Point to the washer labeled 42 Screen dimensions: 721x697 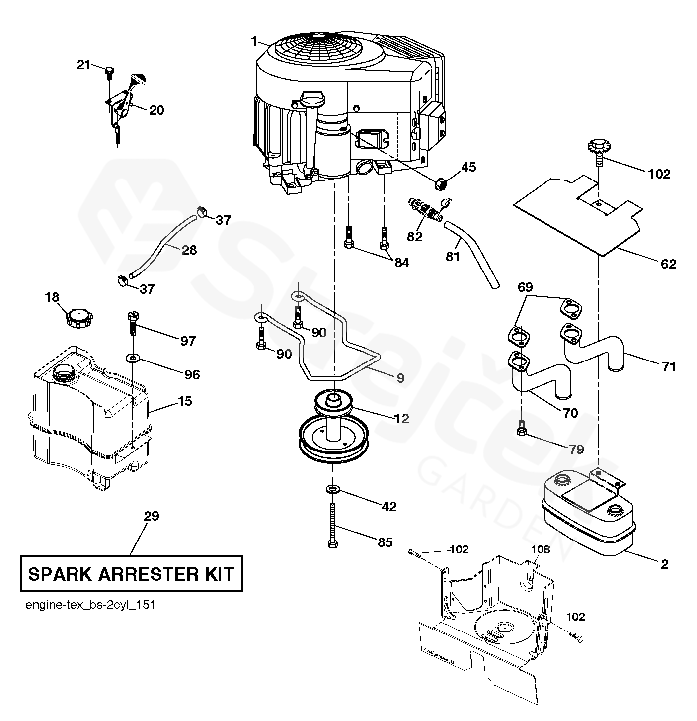[x=332, y=490]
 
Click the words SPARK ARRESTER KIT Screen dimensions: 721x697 [x=131, y=574]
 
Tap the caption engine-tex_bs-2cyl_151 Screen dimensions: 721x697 [x=90, y=605]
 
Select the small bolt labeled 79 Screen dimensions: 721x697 [x=521, y=427]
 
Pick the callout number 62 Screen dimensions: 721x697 [x=669, y=264]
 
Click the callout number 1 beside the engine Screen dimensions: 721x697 [x=254, y=42]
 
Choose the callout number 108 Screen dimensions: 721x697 [x=541, y=549]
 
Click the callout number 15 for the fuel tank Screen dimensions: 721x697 [x=184, y=401]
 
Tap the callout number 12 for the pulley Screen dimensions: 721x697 [x=401, y=419]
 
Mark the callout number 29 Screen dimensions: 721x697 [x=152, y=516]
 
